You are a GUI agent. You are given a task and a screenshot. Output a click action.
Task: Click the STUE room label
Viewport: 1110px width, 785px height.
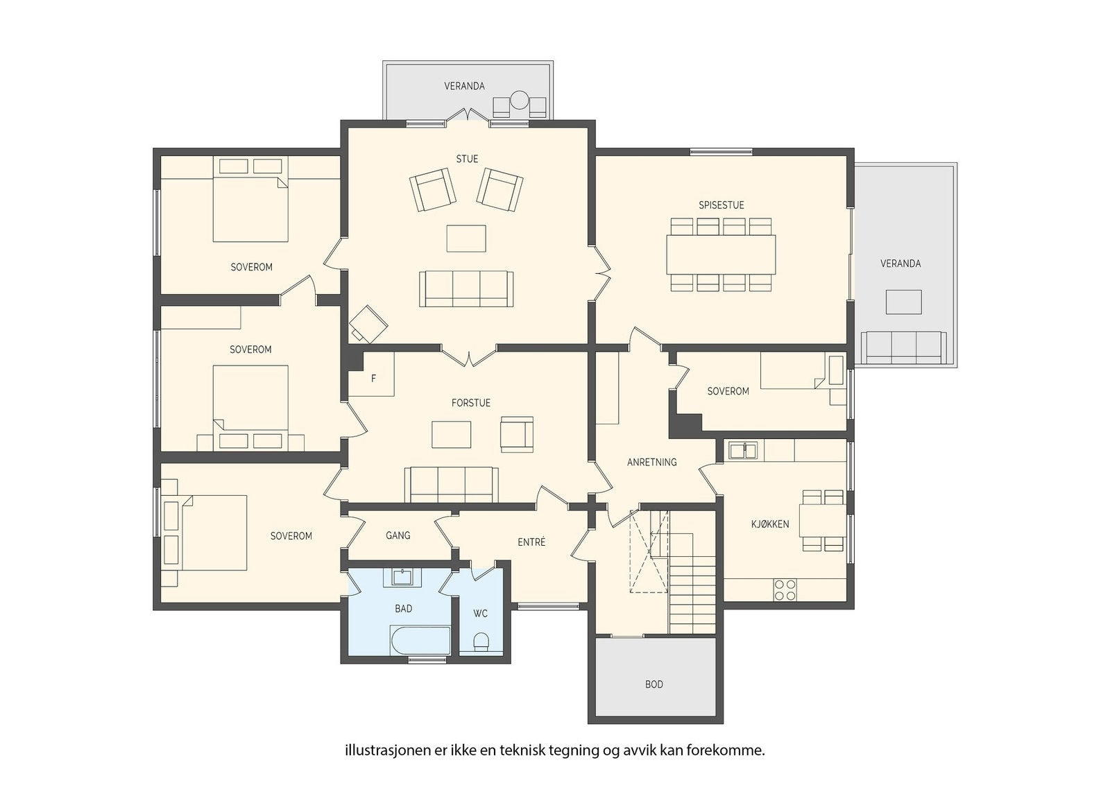(x=467, y=159)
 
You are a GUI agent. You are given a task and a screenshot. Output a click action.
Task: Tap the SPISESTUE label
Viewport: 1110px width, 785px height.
(x=721, y=205)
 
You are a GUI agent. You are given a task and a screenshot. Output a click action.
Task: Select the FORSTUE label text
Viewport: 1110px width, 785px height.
(x=471, y=403)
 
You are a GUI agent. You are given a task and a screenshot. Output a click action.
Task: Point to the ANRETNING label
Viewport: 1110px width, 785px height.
(x=651, y=462)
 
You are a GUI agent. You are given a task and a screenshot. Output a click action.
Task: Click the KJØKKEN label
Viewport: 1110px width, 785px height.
(x=770, y=524)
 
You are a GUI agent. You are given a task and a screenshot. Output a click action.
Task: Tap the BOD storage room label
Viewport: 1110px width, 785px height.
(x=654, y=684)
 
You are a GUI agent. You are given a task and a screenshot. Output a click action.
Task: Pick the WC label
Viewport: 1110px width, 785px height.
(x=480, y=614)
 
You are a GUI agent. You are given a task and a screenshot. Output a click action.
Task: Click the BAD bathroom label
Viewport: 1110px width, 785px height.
(x=403, y=609)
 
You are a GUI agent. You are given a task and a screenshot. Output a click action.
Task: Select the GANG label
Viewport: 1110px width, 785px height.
(x=398, y=535)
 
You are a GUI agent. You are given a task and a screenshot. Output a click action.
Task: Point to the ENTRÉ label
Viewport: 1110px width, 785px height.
(x=531, y=542)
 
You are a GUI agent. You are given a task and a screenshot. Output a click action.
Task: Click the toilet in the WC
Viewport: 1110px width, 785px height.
(x=481, y=643)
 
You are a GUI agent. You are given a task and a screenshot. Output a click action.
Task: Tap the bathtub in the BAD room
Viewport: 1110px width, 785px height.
(x=420, y=641)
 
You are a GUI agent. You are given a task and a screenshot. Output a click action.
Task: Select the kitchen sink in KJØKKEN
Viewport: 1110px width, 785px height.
(x=743, y=451)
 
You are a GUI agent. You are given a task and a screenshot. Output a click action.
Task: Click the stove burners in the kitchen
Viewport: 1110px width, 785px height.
(x=785, y=589)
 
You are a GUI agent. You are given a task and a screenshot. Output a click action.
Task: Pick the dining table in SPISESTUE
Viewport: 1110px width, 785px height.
(x=721, y=255)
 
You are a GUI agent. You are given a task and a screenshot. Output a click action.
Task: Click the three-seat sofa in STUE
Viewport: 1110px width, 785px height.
(x=466, y=288)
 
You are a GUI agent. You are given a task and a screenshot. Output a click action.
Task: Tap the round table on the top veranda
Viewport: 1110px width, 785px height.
(x=520, y=100)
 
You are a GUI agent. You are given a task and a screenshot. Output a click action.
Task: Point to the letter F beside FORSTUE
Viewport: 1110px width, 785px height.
(x=374, y=379)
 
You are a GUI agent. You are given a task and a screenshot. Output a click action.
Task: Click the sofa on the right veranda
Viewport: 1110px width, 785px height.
(x=904, y=347)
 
